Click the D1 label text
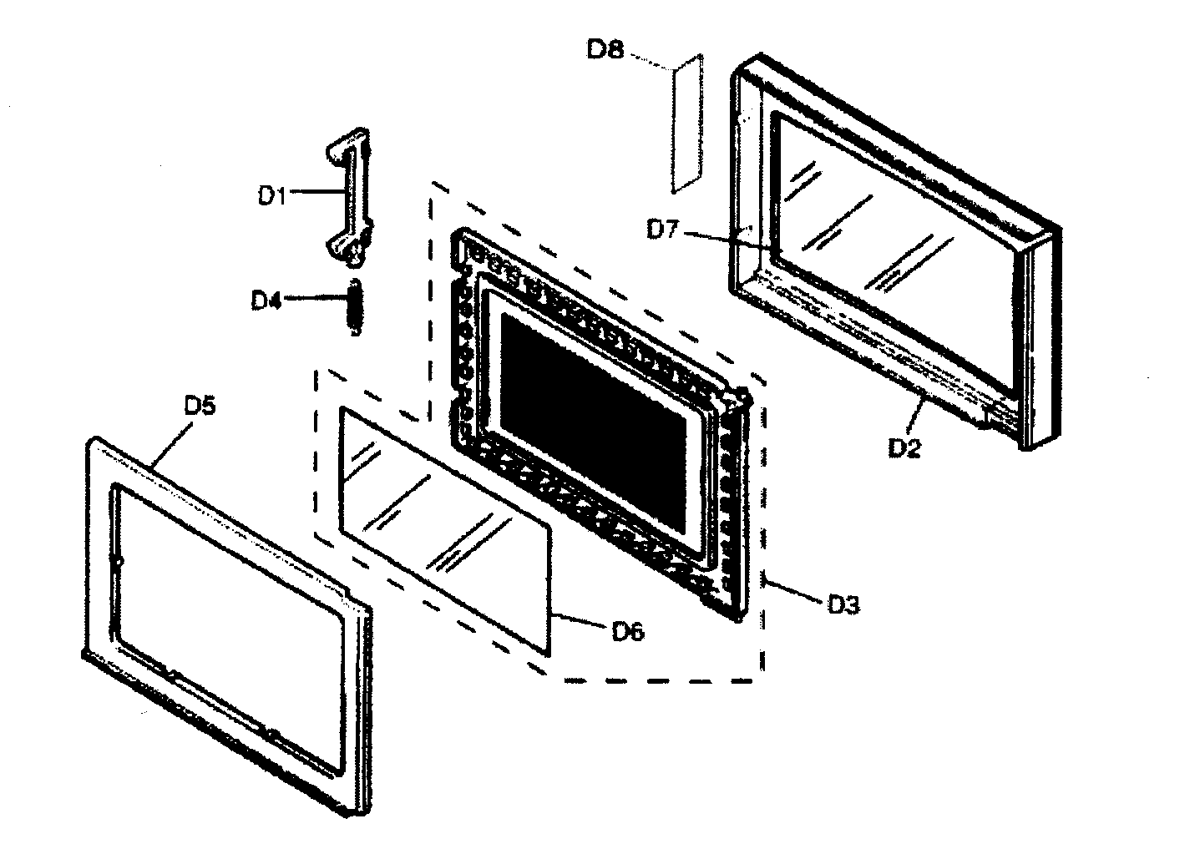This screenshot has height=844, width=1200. click(x=271, y=196)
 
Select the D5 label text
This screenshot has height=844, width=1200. click(x=200, y=407)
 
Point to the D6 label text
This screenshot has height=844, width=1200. click(x=627, y=632)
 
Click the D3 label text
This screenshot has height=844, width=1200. click(x=843, y=604)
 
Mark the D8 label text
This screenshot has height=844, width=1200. click(x=605, y=50)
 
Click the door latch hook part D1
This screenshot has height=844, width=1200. click(x=351, y=196)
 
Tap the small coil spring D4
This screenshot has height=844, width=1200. click(x=355, y=307)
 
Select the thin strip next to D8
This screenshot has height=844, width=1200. click(x=687, y=124)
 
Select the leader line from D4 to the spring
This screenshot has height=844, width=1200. click(x=313, y=298)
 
